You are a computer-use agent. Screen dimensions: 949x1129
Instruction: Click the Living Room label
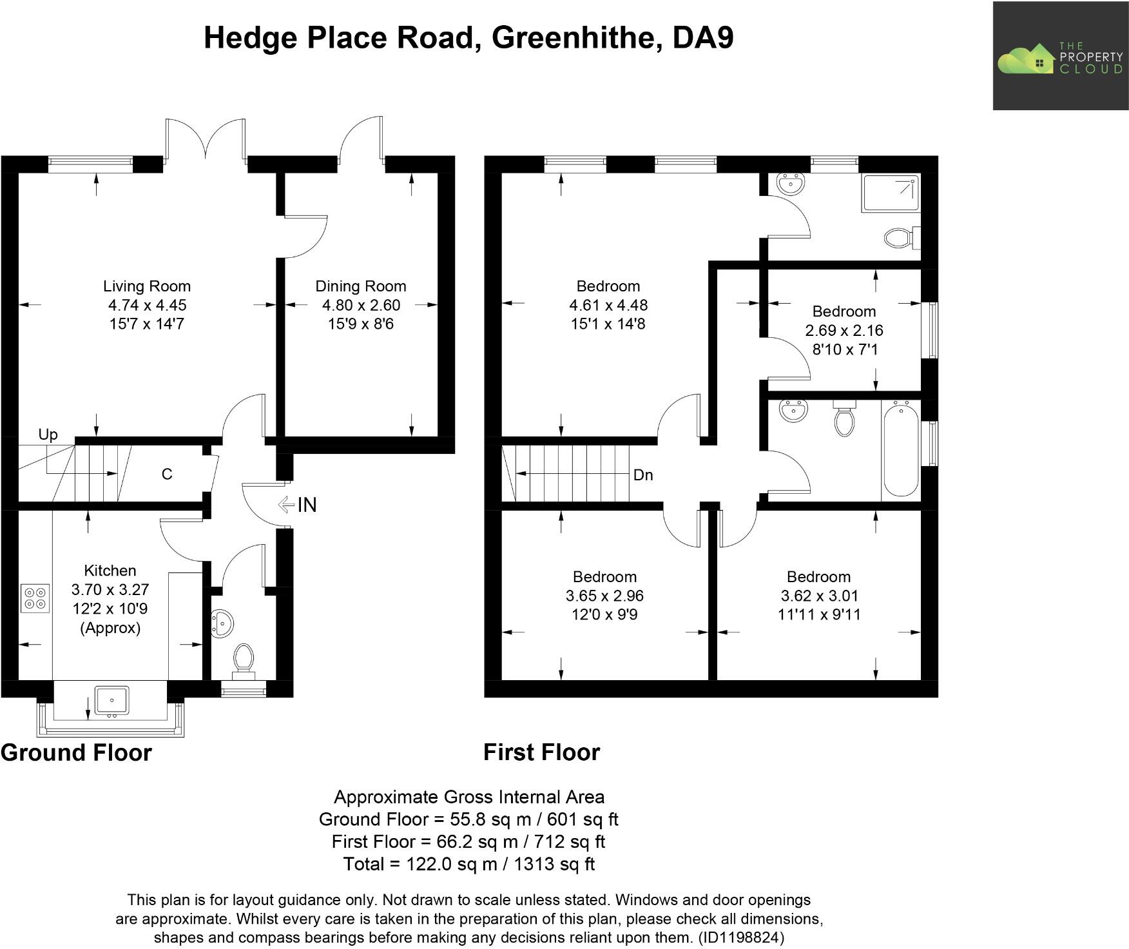coord(147,286)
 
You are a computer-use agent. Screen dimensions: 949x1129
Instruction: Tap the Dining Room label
coord(360,286)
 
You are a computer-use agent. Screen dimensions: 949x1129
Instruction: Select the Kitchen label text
coord(110,571)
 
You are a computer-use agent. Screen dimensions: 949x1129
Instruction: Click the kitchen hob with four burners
coord(35,598)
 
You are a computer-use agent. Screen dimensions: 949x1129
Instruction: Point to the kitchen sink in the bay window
coord(112,700)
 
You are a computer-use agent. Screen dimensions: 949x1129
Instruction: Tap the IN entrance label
coord(307,505)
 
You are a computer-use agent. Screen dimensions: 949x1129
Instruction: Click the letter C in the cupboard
coord(167,474)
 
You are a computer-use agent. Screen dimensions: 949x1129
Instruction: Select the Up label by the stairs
coord(48,435)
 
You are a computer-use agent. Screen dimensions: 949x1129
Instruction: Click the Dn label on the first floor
coord(643,475)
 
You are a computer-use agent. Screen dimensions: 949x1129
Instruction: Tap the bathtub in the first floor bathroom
coord(901,448)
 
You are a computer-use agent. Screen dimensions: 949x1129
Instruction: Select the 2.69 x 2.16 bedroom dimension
coord(844,331)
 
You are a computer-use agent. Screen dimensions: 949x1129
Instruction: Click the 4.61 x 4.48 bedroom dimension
coord(608,305)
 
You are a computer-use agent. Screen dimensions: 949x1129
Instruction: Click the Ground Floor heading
coord(76,752)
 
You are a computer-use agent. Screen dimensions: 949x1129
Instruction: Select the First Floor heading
coord(541,752)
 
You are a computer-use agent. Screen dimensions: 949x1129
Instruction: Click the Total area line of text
coord(468,864)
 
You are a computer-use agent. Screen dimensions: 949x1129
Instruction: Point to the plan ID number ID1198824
coord(741,937)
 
